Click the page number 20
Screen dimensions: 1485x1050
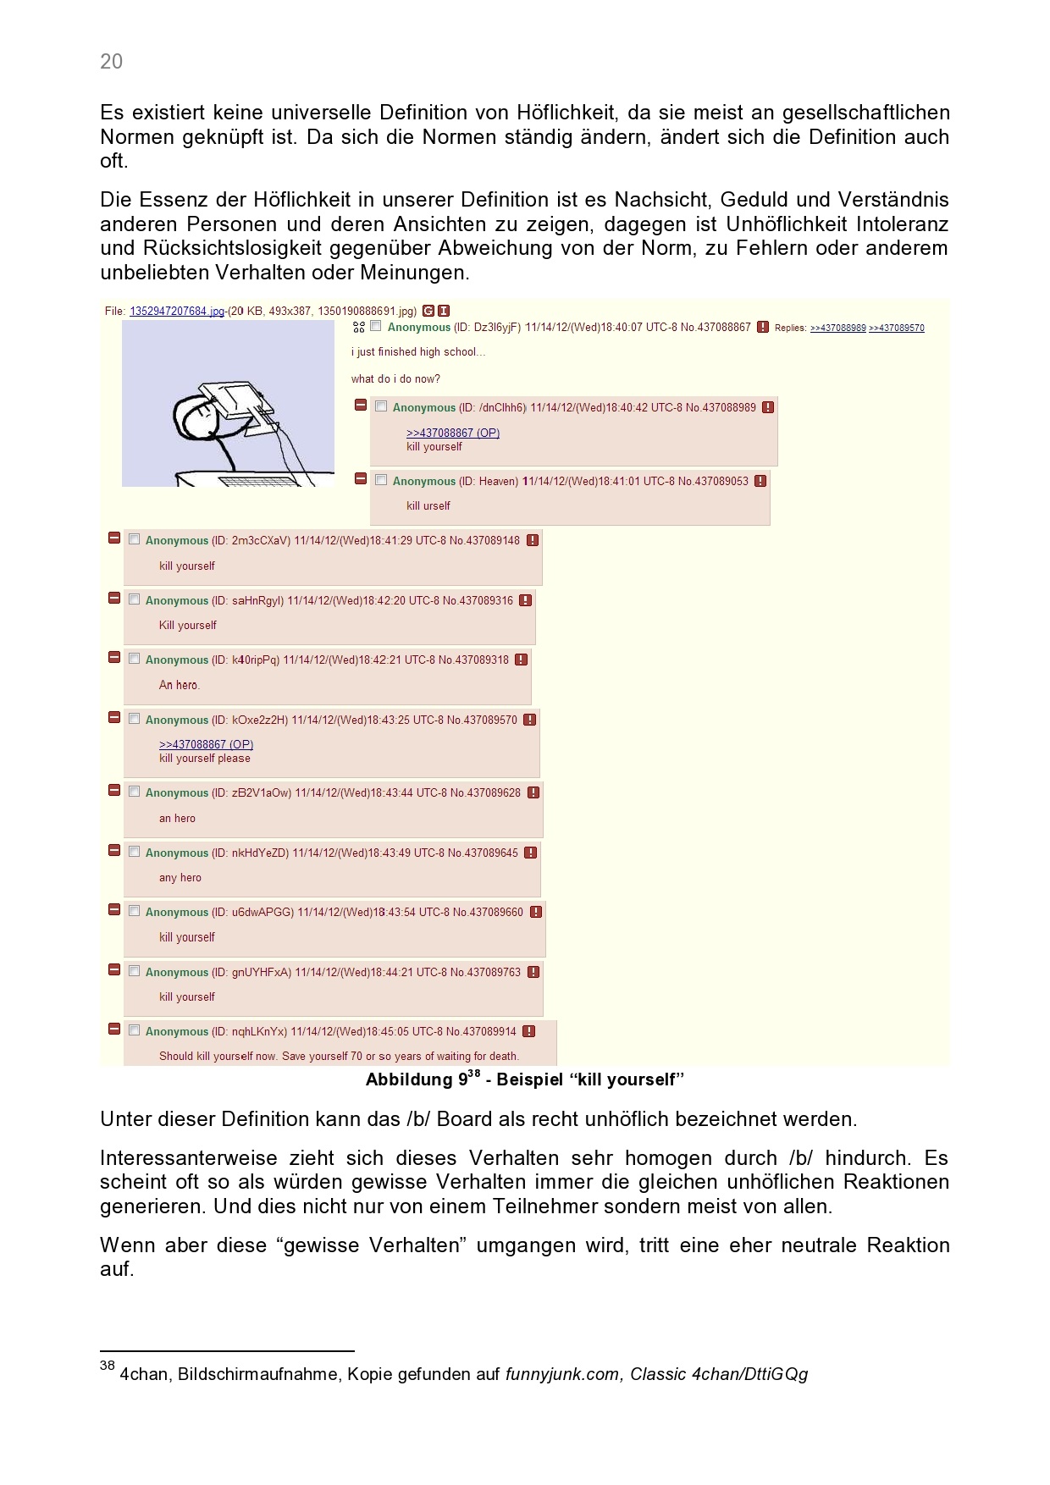pyautogui.click(x=111, y=61)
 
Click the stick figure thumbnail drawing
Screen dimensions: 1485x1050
pyautogui.click(x=228, y=404)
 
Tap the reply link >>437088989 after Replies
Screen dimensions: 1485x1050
pyautogui.click(x=837, y=328)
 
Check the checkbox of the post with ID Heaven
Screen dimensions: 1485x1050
pyautogui.click(x=381, y=480)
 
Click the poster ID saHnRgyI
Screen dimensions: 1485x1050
pyautogui.click(x=257, y=600)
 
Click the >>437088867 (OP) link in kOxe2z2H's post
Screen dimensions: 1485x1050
pyautogui.click(x=206, y=744)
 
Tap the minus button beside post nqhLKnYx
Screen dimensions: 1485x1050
pyautogui.click(x=114, y=1030)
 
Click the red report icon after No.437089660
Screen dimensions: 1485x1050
pyautogui.click(x=536, y=912)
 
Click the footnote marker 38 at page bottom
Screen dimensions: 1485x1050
pyautogui.click(x=107, y=1366)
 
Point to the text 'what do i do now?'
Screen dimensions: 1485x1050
pyautogui.click(x=395, y=378)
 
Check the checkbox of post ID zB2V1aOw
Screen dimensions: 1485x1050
pyautogui.click(x=134, y=792)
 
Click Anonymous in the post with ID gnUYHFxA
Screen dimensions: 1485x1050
pyautogui.click(x=176, y=972)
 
